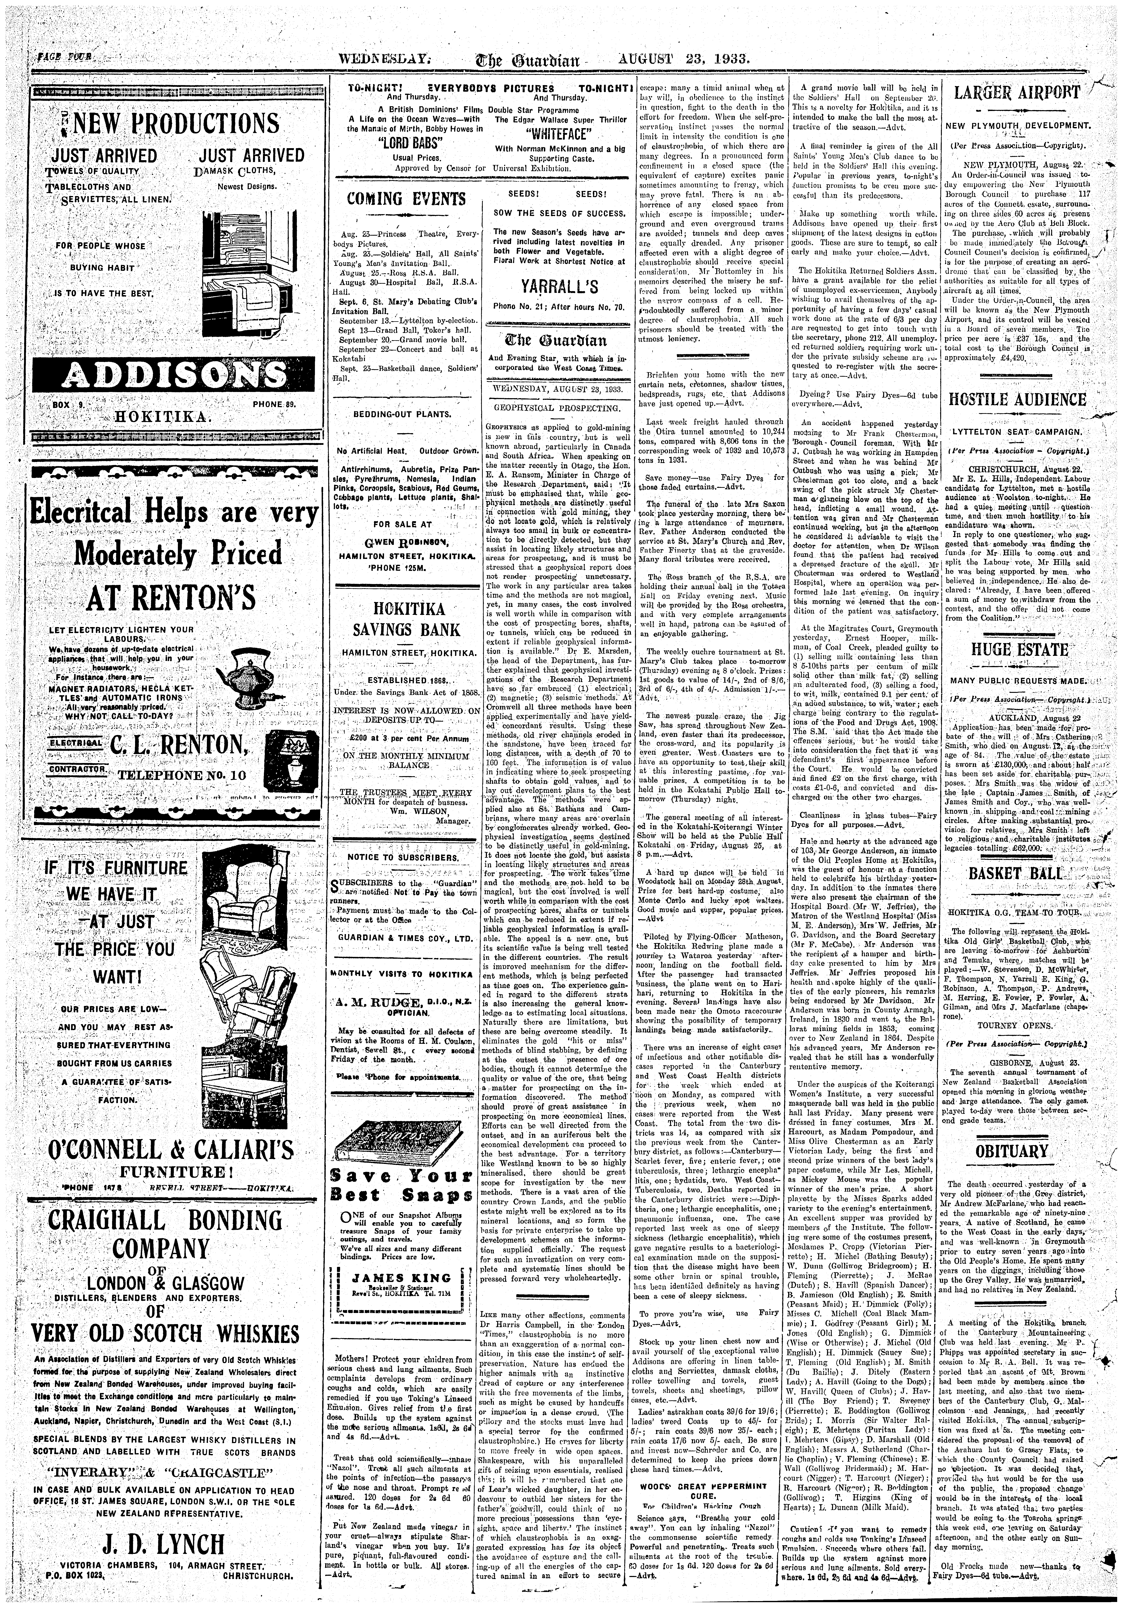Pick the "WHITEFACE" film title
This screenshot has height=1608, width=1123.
(559, 134)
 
